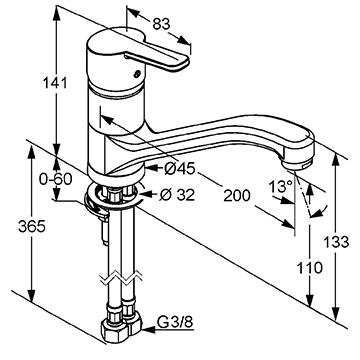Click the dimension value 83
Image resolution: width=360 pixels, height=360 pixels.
161,24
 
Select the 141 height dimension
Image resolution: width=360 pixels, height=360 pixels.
55,83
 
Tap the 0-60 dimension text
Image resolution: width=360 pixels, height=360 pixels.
56,180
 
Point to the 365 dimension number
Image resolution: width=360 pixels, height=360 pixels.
32,227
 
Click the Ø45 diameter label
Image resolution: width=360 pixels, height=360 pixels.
180,169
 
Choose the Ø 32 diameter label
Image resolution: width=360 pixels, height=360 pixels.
177,195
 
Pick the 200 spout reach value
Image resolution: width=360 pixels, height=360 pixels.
236,195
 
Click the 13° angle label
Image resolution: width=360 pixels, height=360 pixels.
281,186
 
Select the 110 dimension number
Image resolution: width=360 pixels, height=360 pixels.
310,268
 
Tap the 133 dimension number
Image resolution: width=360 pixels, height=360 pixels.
337,242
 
